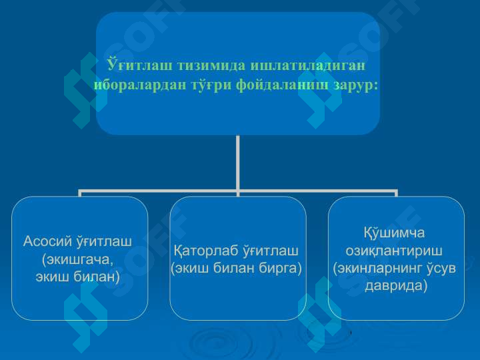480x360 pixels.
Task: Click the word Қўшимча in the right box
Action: pos(394,233)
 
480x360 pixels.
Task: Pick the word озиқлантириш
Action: pos(394,251)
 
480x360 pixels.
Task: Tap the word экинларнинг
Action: pos(376,268)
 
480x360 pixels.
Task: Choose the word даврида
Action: pos(395,285)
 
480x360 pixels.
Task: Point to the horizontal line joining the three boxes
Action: pos(160,191)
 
